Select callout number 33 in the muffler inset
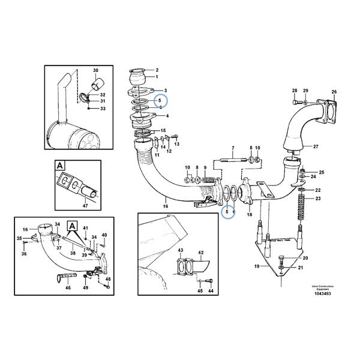103,109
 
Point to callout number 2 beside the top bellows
157,70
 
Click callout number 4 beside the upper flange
167,115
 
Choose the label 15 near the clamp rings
163,131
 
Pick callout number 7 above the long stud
232,148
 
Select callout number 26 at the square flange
334,92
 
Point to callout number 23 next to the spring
319,198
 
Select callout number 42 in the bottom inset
202,253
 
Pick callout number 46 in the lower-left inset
67,288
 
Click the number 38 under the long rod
73,254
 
